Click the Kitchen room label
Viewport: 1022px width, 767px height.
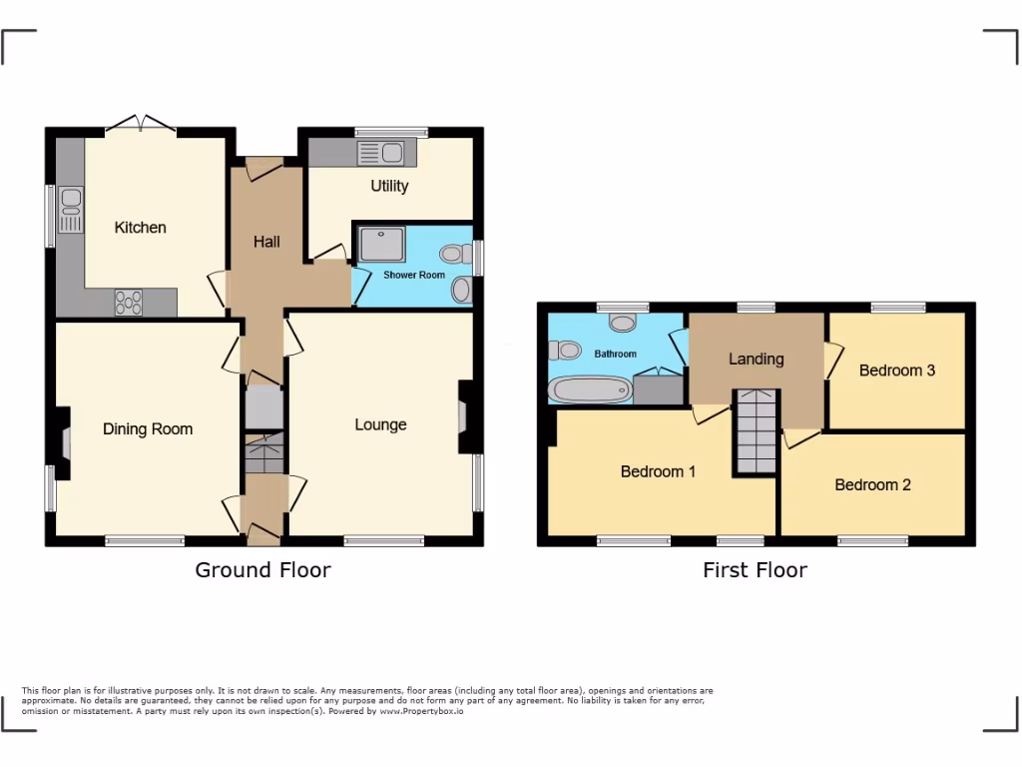pos(140,228)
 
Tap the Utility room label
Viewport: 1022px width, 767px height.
pos(389,186)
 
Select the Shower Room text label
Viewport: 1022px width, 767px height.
pos(414,275)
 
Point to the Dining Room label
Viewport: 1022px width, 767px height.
pos(148,429)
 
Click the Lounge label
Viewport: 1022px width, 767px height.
pos(380,424)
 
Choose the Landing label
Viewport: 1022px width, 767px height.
pos(756,359)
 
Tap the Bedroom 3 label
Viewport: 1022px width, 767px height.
pos(896,371)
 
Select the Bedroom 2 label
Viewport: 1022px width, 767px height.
pos(872,485)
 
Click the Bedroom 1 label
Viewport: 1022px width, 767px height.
pos(658,471)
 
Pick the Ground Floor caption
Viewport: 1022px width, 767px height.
pos(262,570)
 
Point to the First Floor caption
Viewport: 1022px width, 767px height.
pos(755,570)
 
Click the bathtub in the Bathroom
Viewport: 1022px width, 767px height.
pos(590,389)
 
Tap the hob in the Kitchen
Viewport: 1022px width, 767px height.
pos(129,301)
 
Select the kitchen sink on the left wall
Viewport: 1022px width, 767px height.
pos(71,210)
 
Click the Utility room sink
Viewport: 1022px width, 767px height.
pos(380,153)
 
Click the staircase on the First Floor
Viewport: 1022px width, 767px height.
pos(757,431)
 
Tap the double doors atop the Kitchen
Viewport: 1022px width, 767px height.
pos(141,124)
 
